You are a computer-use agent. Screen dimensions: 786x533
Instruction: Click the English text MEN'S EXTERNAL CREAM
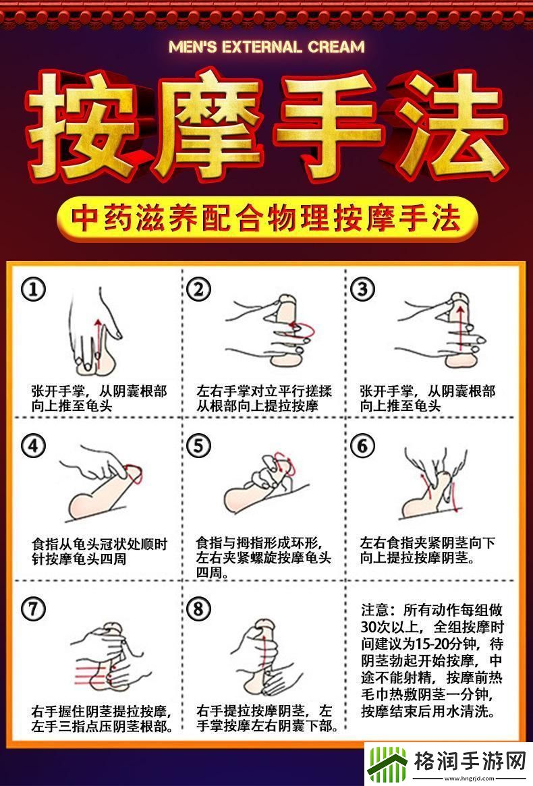[266, 47]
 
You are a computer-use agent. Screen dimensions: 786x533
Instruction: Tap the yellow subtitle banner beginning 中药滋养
[266, 219]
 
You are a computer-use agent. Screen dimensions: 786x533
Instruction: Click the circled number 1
[33, 289]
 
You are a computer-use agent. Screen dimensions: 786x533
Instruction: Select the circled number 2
[198, 289]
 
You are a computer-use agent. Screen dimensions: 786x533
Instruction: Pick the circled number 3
[362, 289]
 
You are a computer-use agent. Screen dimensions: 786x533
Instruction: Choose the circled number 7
[33, 609]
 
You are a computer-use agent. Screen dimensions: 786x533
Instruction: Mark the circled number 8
[198, 609]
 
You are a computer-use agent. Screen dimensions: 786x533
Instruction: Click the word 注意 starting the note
[375, 610]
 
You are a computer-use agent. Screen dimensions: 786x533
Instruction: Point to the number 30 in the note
[369, 627]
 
